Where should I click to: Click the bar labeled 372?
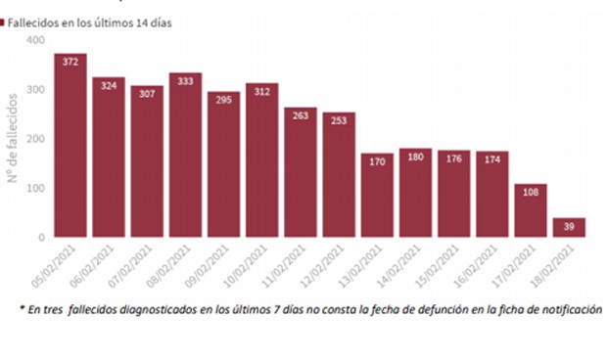pos(70,147)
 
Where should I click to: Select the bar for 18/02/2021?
pos(569,227)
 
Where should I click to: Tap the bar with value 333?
pos(185,157)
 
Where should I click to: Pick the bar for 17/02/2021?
pos(531,210)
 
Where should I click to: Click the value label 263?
pos(301,114)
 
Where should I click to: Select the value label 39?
pos(569,225)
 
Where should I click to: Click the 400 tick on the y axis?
pos(35,40)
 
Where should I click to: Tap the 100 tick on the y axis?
pos(35,188)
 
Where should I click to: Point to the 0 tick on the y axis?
pos(41,238)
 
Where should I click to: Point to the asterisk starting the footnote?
pos(23,309)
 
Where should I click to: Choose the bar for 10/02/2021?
pos(261,161)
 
